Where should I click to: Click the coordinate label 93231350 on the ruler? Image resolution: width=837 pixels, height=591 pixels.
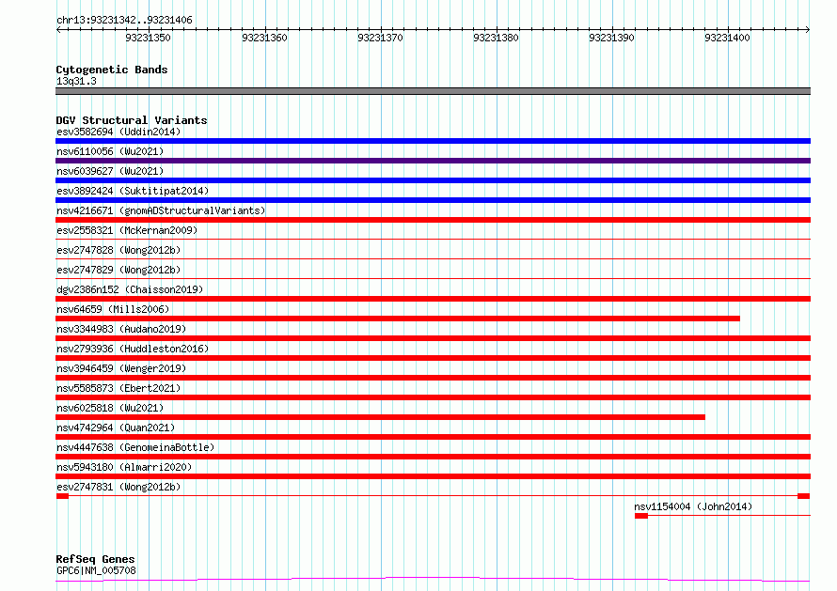click(x=148, y=38)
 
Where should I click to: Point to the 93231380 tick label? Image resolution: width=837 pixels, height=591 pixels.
click(x=496, y=38)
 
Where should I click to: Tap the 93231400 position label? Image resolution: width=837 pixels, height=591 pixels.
click(x=728, y=38)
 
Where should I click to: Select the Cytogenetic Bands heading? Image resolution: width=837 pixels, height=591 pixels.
click(x=112, y=70)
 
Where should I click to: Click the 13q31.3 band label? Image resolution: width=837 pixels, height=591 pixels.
click(x=76, y=81)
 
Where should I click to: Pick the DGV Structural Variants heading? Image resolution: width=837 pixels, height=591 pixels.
click(x=132, y=120)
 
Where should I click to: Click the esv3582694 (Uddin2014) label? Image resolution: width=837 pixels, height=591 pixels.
click(x=118, y=132)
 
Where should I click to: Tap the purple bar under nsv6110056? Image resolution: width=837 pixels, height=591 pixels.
click(x=433, y=161)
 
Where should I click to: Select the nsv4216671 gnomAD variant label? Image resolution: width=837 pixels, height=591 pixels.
click(x=161, y=210)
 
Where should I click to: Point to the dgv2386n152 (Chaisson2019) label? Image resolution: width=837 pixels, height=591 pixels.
click(x=130, y=289)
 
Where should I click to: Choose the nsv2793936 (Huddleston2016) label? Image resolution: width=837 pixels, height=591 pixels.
click(x=133, y=349)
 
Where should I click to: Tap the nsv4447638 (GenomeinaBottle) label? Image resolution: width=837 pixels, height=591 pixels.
click(x=135, y=447)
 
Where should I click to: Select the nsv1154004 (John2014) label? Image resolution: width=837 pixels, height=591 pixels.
click(x=693, y=506)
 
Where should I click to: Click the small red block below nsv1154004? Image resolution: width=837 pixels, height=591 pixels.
click(x=641, y=516)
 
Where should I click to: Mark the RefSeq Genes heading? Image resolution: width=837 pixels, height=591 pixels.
click(x=95, y=559)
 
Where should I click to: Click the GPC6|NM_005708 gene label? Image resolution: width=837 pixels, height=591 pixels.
click(x=96, y=570)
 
